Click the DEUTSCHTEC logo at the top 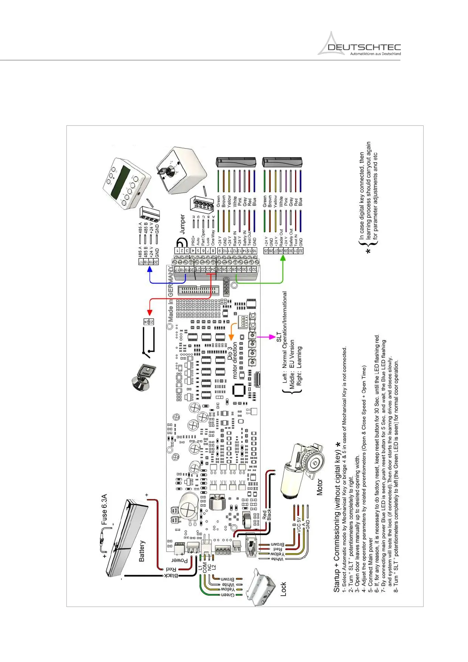pyautogui.click(x=359, y=44)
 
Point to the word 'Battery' pyautogui.click(x=142, y=551)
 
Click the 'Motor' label pyautogui.click(x=319, y=487)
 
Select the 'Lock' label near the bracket pyautogui.click(x=283, y=589)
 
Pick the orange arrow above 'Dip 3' pyautogui.click(x=231, y=333)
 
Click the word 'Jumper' pyautogui.click(x=182, y=224)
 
